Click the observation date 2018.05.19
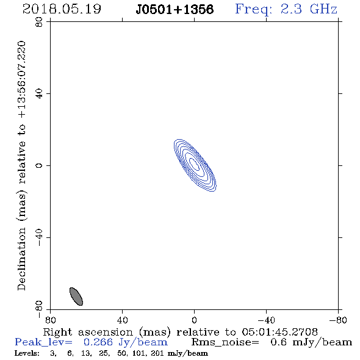pos(62,9)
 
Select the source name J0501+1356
pos(175,10)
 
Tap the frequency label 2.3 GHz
pos(309,9)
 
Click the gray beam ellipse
pos(76,297)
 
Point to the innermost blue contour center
pos(195,164)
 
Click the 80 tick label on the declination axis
pos(39,22)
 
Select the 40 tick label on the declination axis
pos(39,94)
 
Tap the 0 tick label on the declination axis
pos(39,165)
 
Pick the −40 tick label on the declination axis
pos(39,237)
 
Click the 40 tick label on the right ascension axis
pos(122,320)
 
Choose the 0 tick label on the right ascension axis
pos(194,320)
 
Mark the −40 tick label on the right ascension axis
pos(266,320)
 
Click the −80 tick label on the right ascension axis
pos(338,320)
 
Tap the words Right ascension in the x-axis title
pos(88,332)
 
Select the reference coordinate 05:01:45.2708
pos(279,332)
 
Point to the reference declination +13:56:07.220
pos(21,80)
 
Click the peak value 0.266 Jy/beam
pos(126,342)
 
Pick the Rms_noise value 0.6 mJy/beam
pos(311,342)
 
